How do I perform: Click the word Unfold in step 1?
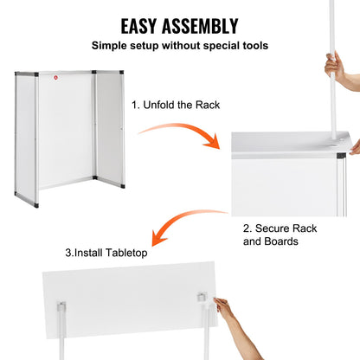(x=160, y=105)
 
